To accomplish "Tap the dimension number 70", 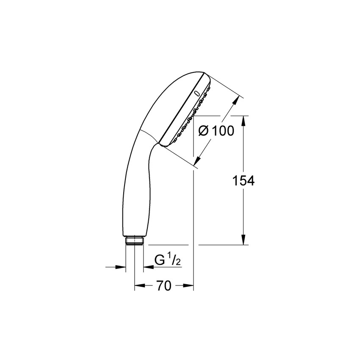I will coord(163,286).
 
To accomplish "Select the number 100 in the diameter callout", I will coord(223,131).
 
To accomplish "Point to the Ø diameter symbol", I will coord(204,131).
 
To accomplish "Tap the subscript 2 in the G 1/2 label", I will coord(178,263).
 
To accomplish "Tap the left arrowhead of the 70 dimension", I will coord(138,286).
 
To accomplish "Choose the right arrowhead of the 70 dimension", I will coord(189,286).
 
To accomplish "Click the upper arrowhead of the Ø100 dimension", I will coord(235,101).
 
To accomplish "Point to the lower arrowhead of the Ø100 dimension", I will coord(197,161).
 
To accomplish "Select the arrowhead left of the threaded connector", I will coord(122,267).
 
